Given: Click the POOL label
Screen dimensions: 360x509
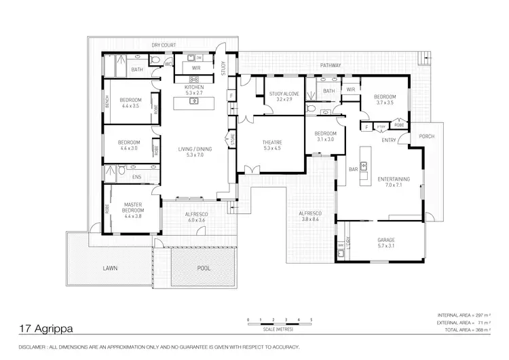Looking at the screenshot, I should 204,268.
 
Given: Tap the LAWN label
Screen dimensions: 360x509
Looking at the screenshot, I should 110,268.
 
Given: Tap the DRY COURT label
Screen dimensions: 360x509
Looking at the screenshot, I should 164,45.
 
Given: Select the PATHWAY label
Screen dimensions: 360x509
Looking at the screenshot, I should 331,65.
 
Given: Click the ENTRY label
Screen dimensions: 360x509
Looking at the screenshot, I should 389,141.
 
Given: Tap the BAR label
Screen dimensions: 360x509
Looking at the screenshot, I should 353,169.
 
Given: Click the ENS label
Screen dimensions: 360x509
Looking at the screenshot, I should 136,177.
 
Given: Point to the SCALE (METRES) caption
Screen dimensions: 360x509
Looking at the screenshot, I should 280,331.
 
